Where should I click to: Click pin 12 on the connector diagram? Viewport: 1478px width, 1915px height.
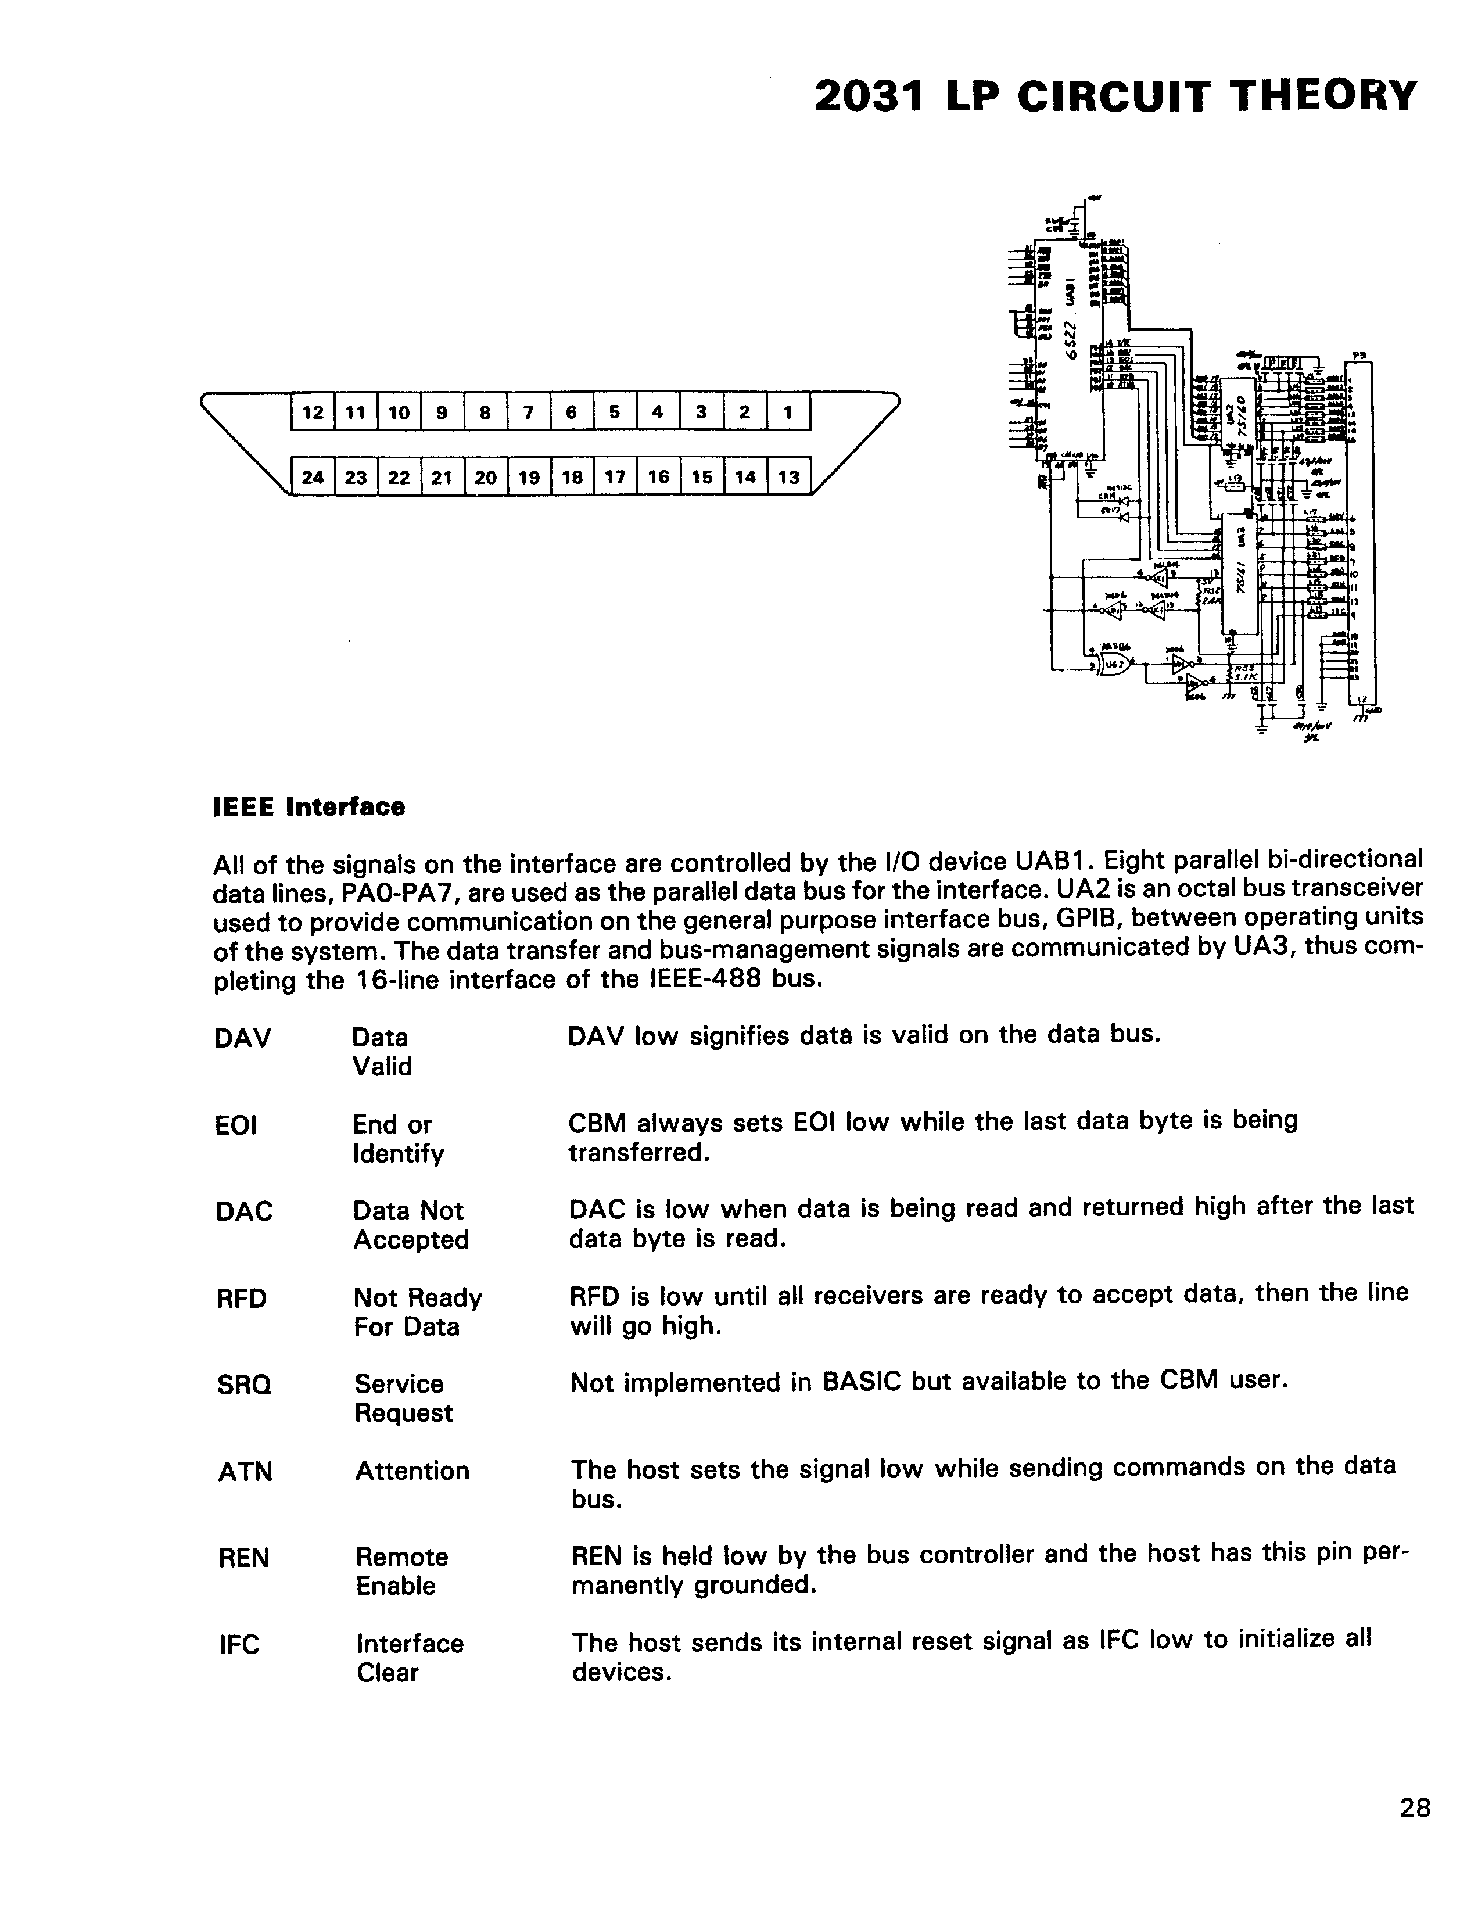[312, 412]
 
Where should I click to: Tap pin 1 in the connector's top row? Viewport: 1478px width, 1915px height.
[787, 412]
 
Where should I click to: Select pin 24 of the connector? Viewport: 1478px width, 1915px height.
[312, 477]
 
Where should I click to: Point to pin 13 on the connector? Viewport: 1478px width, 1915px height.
[788, 477]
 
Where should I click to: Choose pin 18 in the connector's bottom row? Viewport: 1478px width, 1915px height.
[572, 477]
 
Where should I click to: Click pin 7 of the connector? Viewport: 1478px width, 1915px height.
[528, 412]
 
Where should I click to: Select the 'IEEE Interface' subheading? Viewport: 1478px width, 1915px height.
[308, 806]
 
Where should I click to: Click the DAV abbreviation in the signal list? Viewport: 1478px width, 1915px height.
[242, 1038]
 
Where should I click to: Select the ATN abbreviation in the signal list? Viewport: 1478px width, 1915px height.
[245, 1471]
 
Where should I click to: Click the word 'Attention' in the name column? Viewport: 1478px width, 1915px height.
[412, 1471]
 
